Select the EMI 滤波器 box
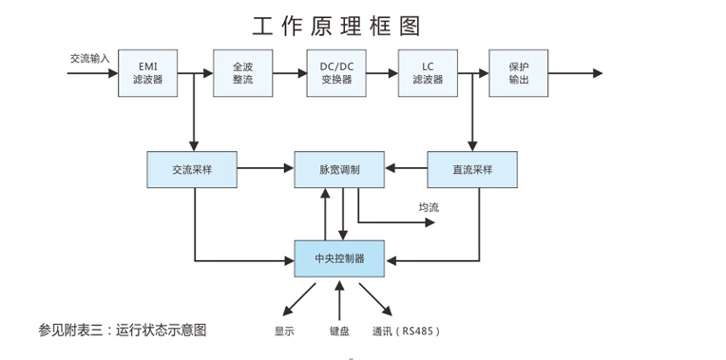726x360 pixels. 148,73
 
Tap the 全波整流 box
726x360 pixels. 242,73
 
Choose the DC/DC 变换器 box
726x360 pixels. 335,73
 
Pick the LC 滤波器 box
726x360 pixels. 428,73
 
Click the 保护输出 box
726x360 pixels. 519,73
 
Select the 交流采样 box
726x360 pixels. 193,169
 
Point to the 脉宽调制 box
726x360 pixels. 339,169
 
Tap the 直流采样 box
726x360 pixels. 472,169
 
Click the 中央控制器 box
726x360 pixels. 339,257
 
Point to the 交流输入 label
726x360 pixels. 90,58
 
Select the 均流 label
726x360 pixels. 429,208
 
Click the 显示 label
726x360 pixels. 284,332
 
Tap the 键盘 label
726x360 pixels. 339,332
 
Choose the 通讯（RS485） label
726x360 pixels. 406,332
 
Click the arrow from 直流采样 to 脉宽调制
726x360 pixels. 406,169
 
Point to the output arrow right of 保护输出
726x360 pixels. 576,73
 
